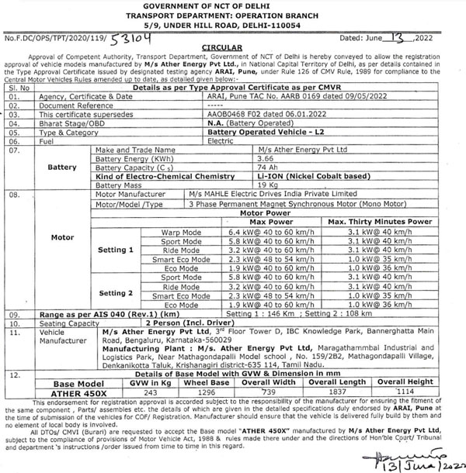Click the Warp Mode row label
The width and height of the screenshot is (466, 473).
181,231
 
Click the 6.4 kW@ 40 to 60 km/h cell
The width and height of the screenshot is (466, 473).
262,231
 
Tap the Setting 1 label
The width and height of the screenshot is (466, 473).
116,250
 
